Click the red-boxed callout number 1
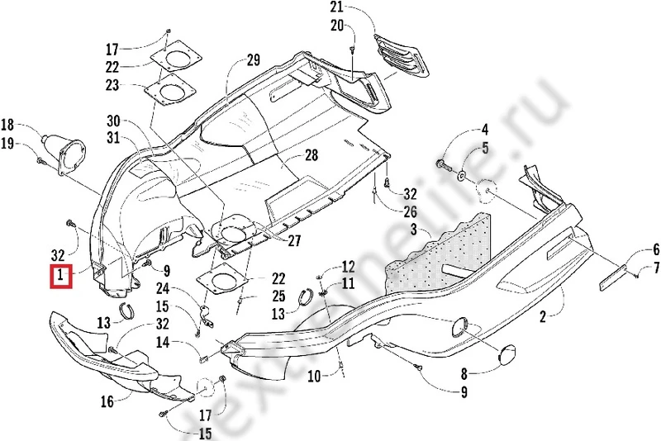pos(62,276)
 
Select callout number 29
pos(253,59)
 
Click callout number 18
pos(7,126)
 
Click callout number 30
pos(113,120)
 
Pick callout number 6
pos(656,249)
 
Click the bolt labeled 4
pos(444,170)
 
